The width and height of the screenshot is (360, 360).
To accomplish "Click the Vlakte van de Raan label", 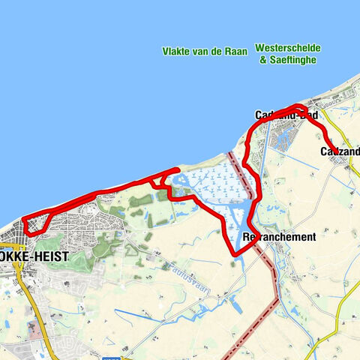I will (x=203, y=52).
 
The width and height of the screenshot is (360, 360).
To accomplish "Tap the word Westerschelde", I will (x=288, y=47).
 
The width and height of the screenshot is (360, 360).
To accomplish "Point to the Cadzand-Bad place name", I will (x=286, y=115).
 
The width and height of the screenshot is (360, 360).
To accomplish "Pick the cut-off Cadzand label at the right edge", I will (x=339, y=151).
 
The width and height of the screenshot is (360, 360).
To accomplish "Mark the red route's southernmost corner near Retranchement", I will (x=235, y=255).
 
